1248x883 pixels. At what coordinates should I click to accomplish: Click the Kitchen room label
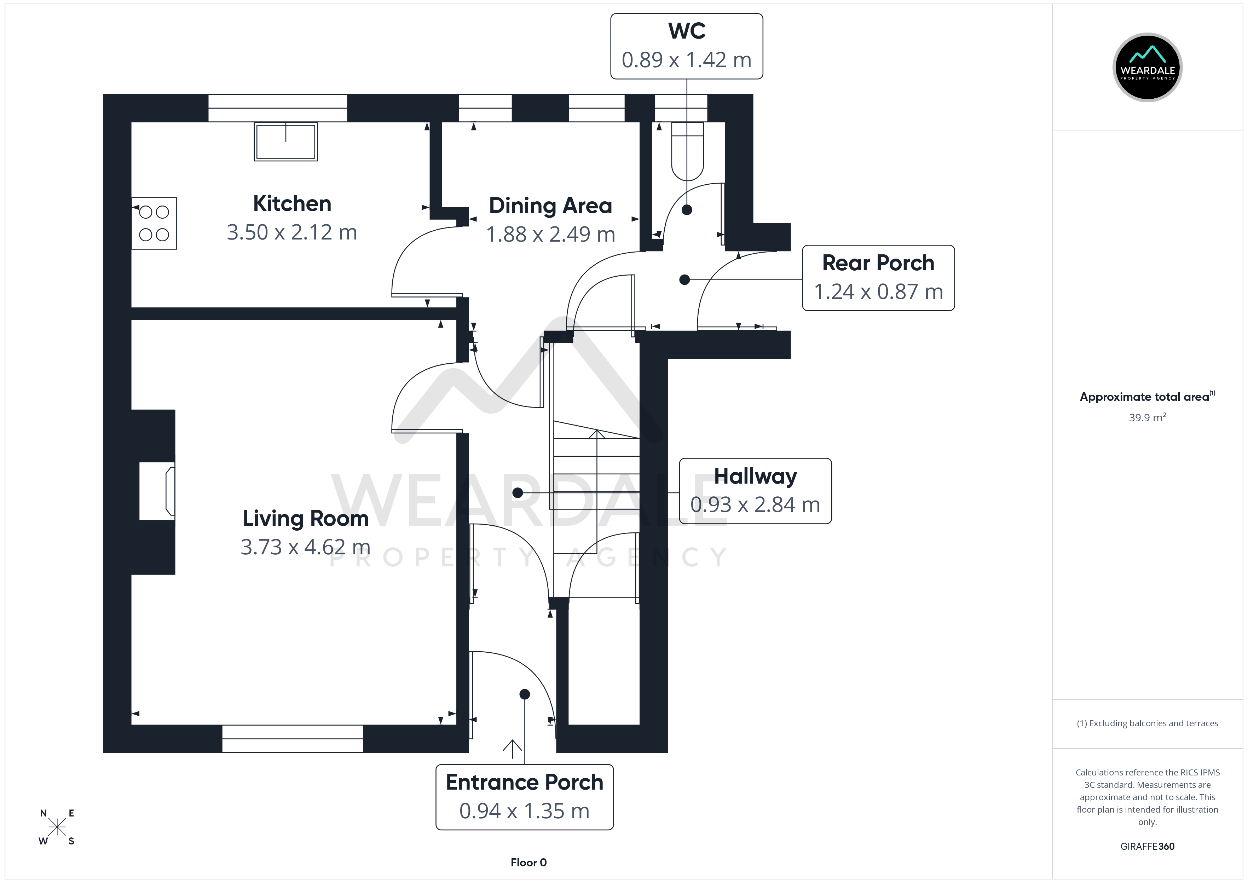[292, 204]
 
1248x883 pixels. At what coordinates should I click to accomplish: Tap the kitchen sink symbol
[286, 142]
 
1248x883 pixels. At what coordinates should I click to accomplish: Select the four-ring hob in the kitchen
[154, 223]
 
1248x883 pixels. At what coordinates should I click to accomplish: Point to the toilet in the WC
[688, 152]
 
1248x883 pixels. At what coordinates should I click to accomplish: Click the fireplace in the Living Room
[158, 491]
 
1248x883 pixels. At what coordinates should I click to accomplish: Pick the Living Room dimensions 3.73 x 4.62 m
[306, 547]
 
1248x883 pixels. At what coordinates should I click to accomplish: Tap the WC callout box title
[687, 31]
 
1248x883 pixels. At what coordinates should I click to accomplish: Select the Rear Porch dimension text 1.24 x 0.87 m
[878, 292]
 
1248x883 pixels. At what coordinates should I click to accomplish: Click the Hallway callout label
[755, 476]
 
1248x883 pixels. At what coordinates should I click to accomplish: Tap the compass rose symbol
[57, 827]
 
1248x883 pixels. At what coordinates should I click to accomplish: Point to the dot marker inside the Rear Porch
[684, 280]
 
